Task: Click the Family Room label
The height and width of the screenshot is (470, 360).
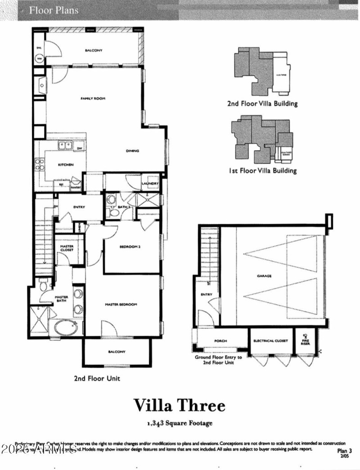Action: [93, 98]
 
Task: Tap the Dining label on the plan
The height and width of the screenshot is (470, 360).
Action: [132, 151]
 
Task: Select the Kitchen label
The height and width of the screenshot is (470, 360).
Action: [66, 165]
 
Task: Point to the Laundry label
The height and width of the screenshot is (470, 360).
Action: [150, 184]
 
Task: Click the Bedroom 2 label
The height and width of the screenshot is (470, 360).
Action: [130, 247]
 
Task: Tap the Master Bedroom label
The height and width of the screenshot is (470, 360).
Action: [121, 304]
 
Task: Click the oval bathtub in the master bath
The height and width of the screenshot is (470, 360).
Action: [66, 327]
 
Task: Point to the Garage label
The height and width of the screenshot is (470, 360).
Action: [264, 276]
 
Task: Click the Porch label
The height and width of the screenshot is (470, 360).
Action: [220, 341]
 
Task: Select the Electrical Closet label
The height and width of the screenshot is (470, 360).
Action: [270, 341]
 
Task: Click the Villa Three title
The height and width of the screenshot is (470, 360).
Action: [179, 405]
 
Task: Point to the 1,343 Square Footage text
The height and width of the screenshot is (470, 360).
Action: [179, 423]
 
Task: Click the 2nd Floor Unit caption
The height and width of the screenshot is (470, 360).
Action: [97, 378]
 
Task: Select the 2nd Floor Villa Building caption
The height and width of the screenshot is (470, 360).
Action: [262, 103]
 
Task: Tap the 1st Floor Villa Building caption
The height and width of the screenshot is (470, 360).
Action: [262, 170]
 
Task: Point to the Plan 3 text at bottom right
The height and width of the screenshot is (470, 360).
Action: [344, 450]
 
